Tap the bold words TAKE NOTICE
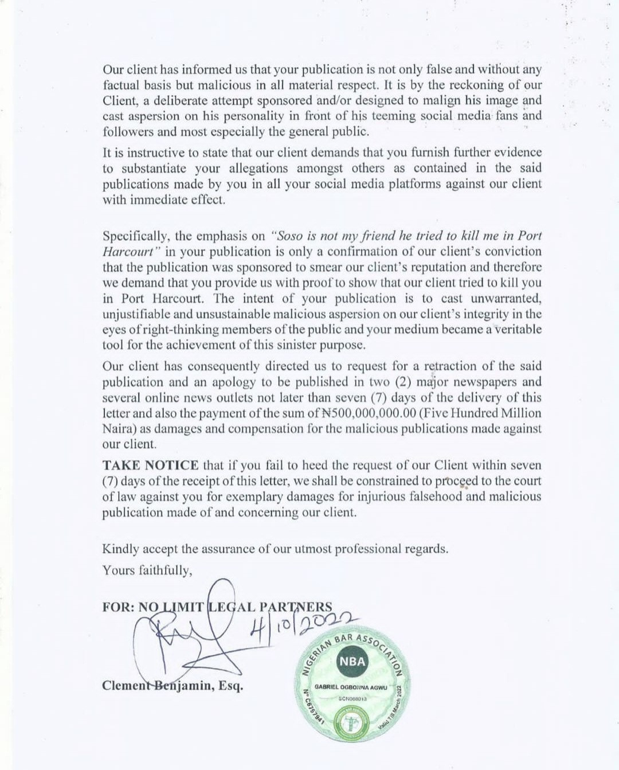pos(150,466)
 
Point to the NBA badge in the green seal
pos(352,661)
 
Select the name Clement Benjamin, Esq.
pos(173,686)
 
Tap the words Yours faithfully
pos(147,570)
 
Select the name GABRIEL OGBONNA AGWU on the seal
pos(351,687)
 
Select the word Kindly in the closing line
pos(120,549)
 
